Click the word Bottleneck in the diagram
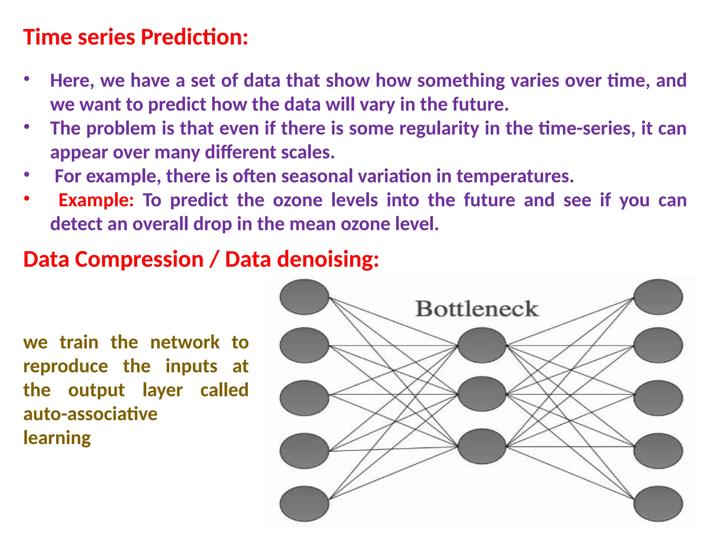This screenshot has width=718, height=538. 477,309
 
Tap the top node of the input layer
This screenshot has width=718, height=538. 304,297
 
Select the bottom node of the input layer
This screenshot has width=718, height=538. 304,503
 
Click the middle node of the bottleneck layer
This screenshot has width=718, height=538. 482,394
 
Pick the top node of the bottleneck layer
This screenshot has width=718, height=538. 482,345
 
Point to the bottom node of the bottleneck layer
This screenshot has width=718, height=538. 482,446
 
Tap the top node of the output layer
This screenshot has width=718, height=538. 658,297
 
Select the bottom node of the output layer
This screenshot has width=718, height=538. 658,503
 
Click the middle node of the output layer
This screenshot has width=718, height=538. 658,398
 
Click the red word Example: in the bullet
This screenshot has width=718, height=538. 96,200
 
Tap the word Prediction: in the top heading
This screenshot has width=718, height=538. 195,37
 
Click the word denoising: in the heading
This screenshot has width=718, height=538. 302,260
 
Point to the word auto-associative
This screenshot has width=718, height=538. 90,414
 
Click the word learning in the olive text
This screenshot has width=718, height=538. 57,438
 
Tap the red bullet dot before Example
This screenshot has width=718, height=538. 26,199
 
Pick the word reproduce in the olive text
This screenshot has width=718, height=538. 66,366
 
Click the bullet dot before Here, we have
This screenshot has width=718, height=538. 26,79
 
